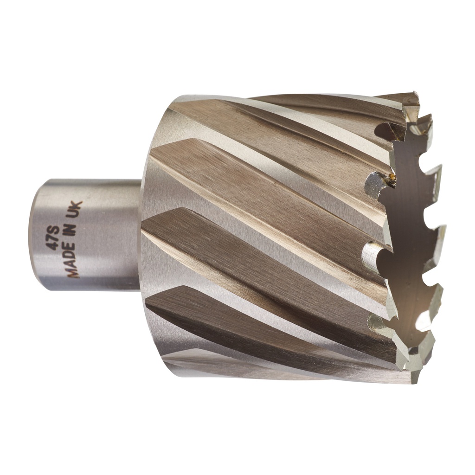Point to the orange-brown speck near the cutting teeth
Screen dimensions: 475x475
pyautogui.click(x=392, y=177)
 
